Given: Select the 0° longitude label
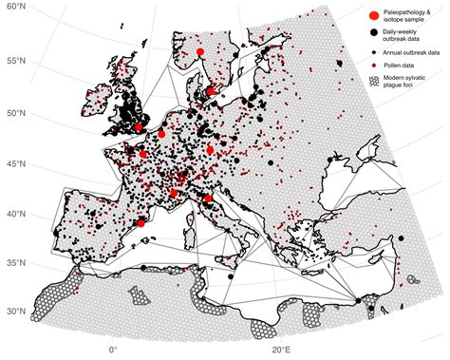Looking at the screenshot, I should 113,351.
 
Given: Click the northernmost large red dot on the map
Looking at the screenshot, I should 200,52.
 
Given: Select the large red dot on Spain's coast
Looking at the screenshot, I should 141,223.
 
